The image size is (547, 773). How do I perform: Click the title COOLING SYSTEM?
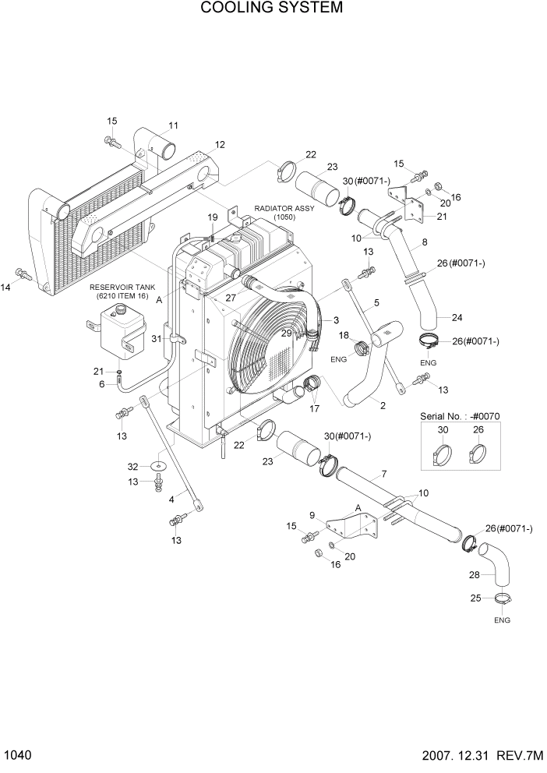[272, 9]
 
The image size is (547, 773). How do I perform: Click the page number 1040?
[16, 757]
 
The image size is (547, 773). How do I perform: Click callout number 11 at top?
[173, 125]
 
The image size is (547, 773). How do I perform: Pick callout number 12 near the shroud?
[220, 144]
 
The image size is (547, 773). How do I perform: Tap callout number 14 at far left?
[6, 288]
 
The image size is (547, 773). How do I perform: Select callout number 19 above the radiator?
[211, 217]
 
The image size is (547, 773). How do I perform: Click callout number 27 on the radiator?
[231, 297]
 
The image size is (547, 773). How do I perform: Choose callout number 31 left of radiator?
[156, 337]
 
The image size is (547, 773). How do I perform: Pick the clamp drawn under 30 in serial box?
[442, 452]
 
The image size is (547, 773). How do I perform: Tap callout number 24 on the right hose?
[456, 317]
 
